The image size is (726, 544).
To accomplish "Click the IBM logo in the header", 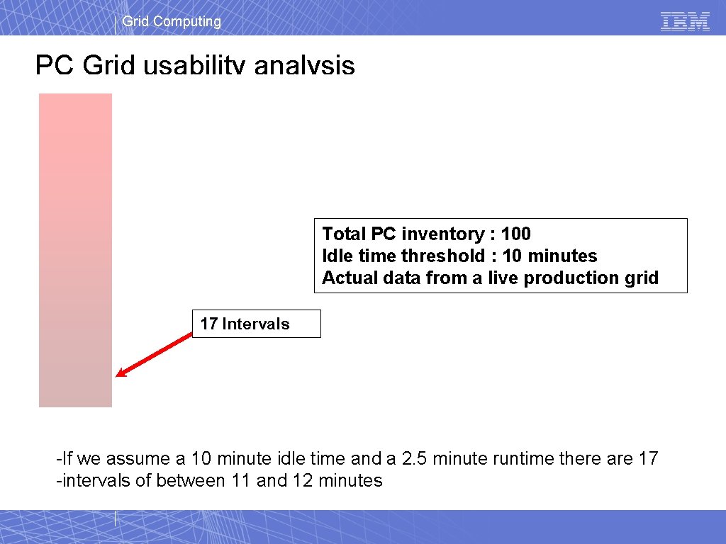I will (685, 21).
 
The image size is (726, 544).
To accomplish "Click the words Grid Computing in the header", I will (172, 21).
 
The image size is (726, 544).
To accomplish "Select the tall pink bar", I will (75, 250).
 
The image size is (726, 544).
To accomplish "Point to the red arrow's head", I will (121, 373).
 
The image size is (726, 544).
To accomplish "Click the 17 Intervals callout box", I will (256, 324).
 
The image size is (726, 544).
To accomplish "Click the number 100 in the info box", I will (515, 234).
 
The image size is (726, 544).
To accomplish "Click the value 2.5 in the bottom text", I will (415, 459).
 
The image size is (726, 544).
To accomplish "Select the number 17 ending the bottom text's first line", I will (648, 459).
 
